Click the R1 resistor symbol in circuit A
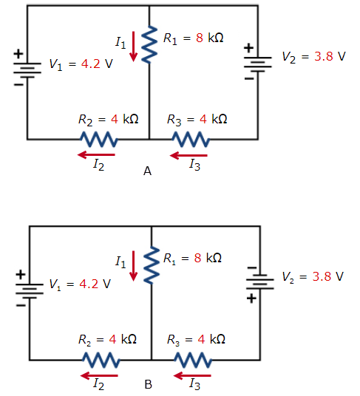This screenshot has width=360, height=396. tap(150, 46)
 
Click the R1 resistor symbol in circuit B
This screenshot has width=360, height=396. tap(152, 266)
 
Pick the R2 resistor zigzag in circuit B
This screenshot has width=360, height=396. tap(100, 359)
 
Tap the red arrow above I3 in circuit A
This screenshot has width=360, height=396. tap(189, 155)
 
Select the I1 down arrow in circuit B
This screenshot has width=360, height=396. tap(134, 267)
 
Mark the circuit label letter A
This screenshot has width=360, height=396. tap(147, 171)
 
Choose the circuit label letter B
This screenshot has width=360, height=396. tap(148, 385)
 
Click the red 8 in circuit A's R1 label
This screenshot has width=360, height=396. tap(199, 37)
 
